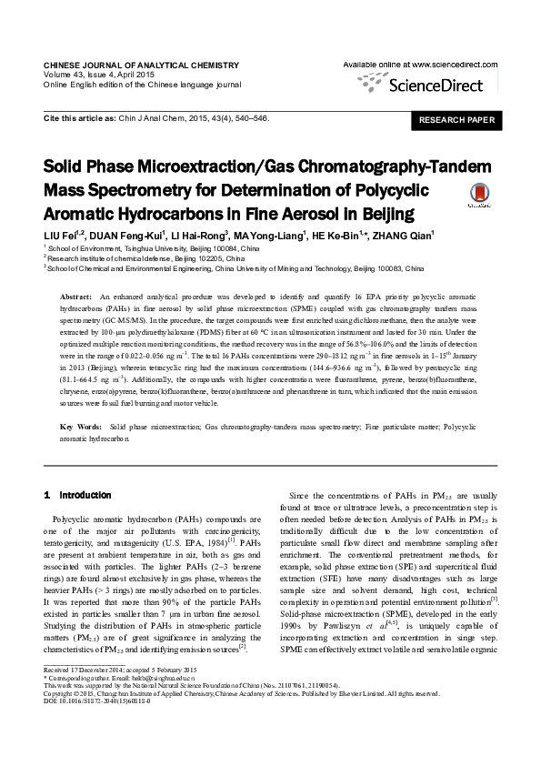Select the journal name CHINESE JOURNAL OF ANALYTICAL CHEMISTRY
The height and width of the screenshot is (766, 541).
[141, 66]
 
